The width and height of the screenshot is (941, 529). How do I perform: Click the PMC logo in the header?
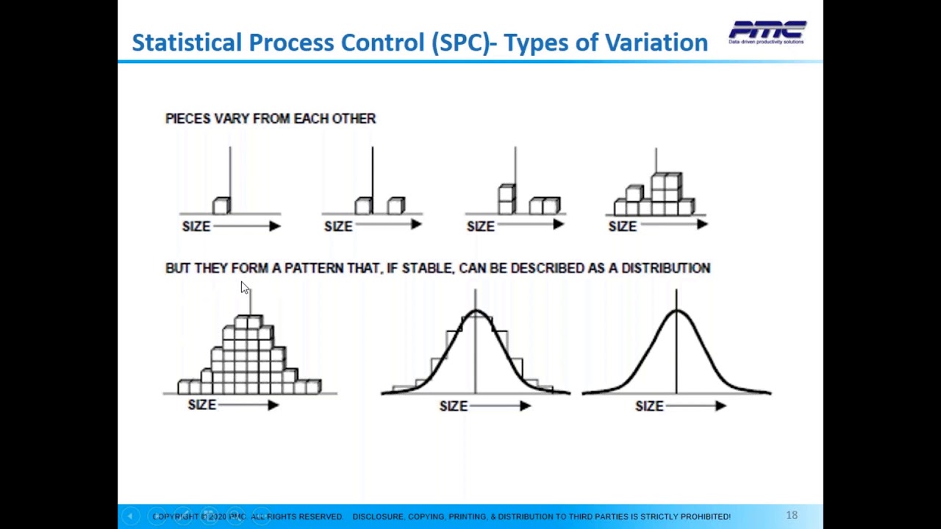coord(767,32)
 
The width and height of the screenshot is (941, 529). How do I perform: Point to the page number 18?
coord(792,515)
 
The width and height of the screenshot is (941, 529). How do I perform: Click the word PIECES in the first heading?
coord(187,118)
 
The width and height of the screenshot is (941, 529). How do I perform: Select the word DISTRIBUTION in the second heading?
coord(665,268)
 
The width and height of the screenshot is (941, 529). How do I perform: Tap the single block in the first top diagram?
coord(221,206)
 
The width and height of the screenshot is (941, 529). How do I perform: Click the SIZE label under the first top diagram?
coord(196,226)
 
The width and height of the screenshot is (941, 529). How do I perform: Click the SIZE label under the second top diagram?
coord(338,226)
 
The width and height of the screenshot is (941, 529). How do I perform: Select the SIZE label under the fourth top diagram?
coord(622,226)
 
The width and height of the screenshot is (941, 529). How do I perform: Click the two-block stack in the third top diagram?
coord(506,199)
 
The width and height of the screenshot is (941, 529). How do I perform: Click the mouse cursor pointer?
coord(245,288)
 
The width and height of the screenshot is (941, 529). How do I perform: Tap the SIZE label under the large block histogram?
coord(201,405)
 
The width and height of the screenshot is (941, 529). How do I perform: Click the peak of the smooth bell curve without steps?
coord(676,312)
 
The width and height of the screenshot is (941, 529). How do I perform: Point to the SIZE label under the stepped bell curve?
coord(454,406)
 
